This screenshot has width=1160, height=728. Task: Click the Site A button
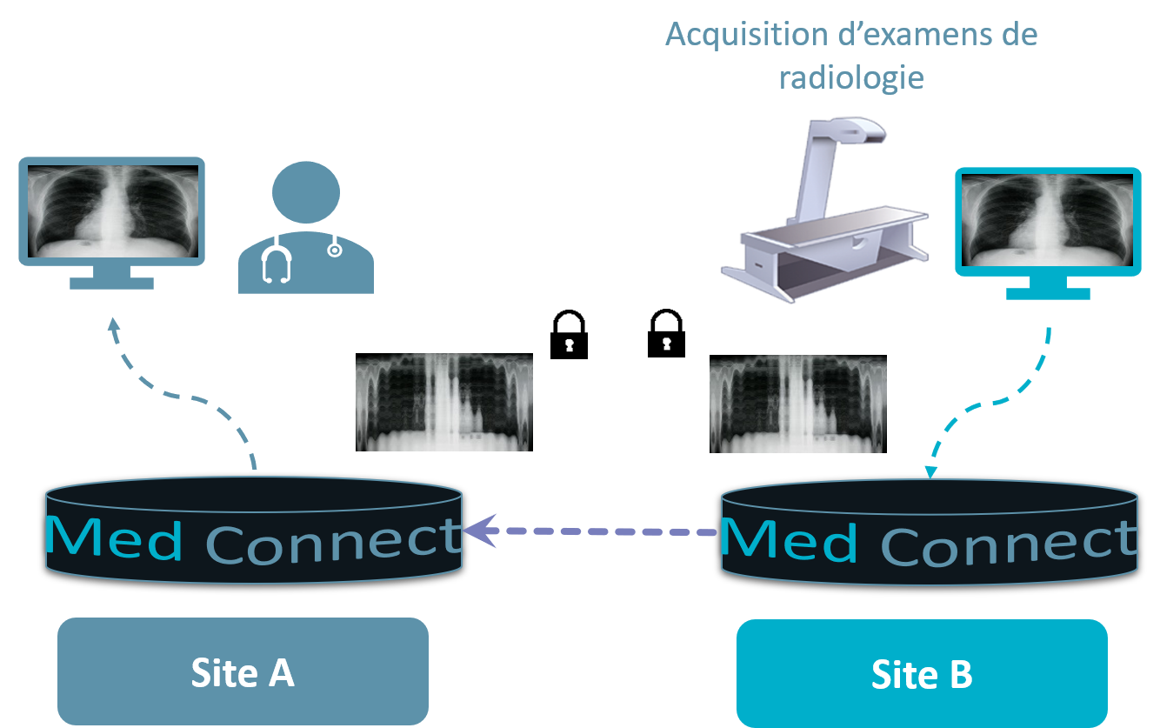click(243, 672)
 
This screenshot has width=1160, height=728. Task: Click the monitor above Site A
click(111, 212)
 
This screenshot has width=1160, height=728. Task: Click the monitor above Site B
click(1048, 223)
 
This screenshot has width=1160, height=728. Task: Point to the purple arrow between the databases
click(591, 530)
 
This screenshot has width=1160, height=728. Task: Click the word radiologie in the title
click(850, 77)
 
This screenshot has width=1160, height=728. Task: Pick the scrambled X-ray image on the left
click(443, 402)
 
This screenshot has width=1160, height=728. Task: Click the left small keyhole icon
click(570, 345)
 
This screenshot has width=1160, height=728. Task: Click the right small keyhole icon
click(667, 344)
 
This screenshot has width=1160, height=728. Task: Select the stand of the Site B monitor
click(1047, 288)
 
